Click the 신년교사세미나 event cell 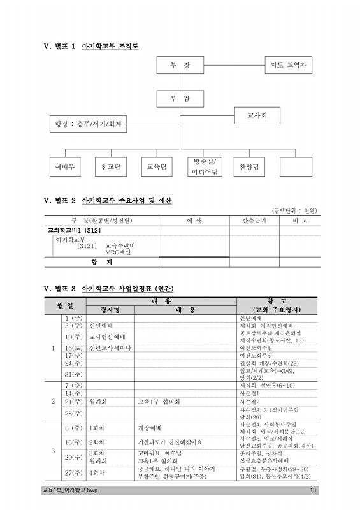[110, 347]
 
